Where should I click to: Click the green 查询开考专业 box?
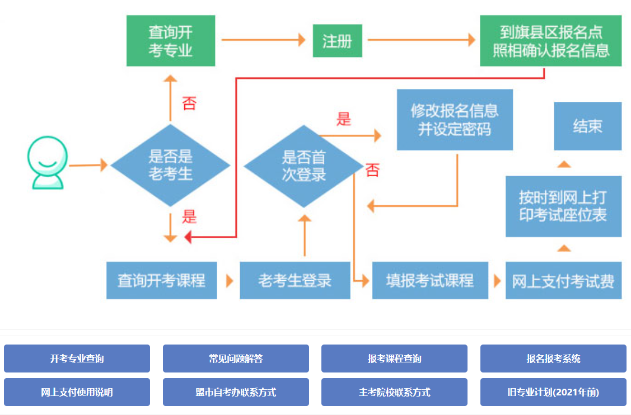pos(171,41)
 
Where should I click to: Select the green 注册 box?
pos(337,41)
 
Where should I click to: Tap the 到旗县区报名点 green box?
pos(551,41)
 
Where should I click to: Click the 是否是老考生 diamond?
pos(171,166)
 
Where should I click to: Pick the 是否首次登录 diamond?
pos(303,166)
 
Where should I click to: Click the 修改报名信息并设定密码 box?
pos(455,120)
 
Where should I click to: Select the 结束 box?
pos(587,126)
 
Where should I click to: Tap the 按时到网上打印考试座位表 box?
pos(563,206)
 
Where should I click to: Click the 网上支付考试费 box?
pos(563,280)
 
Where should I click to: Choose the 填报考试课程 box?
pos(430,280)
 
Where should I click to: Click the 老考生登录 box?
pos(295,280)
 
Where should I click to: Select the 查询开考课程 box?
pos(161,280)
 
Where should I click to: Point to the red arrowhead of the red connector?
pos(189,238)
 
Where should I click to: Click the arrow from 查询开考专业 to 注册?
pos(263,40)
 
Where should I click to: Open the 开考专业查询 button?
pos(77,359)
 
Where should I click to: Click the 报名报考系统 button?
pos(553,359)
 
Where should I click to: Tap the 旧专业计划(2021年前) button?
pos(553,392)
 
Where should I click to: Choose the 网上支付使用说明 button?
pos(77,392)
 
